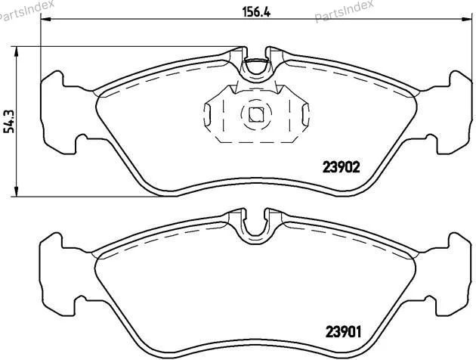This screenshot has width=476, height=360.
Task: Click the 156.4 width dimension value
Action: (256, 12)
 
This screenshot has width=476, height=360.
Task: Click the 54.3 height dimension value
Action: (9, 121)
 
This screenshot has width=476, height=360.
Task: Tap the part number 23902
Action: (341, 167)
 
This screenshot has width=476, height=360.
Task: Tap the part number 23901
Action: (343, 332)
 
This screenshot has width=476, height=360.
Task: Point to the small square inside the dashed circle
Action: (256, 115)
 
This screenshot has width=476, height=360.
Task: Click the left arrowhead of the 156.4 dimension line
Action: (45, 20)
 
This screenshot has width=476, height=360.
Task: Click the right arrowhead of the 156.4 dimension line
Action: (467, 20)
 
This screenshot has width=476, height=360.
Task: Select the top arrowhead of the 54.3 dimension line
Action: (17, 51)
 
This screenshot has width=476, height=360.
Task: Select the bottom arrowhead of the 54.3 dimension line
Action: (17, 191)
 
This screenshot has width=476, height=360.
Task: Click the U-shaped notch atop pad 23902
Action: (256, 72)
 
